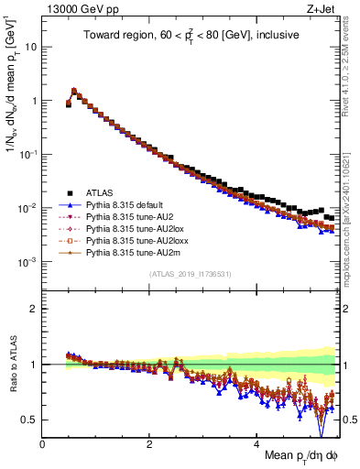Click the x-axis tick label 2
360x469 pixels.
[x=149, y=444]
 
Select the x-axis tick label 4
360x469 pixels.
[x=256, y=444]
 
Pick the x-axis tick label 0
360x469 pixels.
[x=42, y=444]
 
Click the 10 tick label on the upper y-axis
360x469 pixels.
[x=31, y=46]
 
